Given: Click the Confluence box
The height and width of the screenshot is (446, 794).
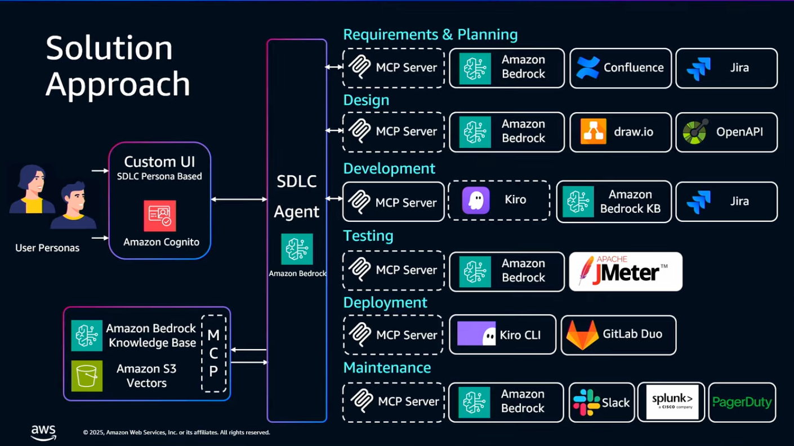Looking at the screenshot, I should coord(620,68).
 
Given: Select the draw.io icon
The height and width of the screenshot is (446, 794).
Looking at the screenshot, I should coord(593,132).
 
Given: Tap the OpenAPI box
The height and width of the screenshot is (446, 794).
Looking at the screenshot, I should coord(726,132).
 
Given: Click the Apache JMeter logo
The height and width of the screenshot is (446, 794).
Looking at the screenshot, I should coord(625,271).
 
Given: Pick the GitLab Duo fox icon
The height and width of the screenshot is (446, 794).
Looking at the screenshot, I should coord(582,334).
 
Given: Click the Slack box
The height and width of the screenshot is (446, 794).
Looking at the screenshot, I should coord(601,402).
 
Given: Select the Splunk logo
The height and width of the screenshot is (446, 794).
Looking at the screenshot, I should coord(672,402).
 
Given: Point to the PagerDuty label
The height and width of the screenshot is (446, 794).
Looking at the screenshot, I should coord(742,403).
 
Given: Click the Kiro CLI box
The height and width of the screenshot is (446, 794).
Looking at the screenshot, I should coord(502,334).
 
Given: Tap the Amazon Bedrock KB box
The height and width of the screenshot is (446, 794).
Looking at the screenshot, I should coord(614,202).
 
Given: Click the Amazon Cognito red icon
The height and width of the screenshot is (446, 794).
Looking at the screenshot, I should coord(159,216).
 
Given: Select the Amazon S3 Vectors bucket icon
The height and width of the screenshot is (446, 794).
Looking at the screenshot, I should coord(87,376).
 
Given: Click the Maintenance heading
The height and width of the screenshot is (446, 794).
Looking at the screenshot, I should coord(387,368).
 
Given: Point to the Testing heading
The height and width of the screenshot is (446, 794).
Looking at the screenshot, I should coord(368,235).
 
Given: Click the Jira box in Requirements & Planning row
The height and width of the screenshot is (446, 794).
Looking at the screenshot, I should coord(726,68).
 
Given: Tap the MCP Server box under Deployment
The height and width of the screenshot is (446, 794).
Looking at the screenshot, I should coord(392,334).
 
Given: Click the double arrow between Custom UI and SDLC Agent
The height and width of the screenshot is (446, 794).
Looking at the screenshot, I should coord(239,199).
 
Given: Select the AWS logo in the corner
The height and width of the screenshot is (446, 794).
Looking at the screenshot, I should coord(43,432).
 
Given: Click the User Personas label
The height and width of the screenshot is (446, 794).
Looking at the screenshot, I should coord(47,248).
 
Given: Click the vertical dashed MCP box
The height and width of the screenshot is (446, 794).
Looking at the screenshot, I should coord(213,354).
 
